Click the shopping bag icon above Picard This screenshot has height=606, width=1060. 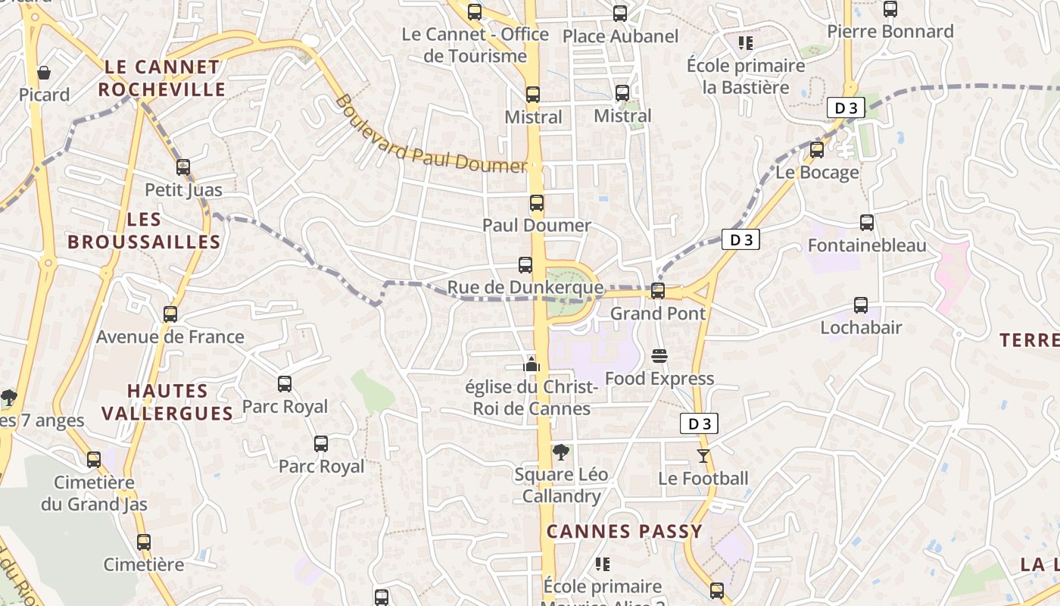coord(44,73)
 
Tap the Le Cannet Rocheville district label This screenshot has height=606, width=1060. coord(161,78)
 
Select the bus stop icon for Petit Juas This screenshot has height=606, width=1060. coord(183,167)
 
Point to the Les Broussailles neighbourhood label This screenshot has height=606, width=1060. coord(144,231)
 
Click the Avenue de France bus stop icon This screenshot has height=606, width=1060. coord(170,314)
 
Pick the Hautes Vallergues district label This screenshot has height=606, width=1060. coord(167,402)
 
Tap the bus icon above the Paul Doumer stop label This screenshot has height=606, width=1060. coord(536,203)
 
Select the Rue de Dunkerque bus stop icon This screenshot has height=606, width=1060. coord(525,265)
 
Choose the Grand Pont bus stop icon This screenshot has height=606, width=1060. coord(657,291)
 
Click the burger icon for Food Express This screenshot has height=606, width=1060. coord(659,356)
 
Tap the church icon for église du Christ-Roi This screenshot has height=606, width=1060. coord(532,364)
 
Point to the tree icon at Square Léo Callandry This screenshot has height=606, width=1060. coord(560,452)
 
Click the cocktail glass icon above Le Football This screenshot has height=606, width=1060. coord(703,455)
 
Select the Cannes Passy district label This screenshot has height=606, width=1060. coord(625,532)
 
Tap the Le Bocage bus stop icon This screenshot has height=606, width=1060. coord(816,150)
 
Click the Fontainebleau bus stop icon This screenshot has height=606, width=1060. coord(867,223)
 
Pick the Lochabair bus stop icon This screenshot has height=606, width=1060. coord(861,305)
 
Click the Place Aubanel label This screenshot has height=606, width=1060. coord(620,36)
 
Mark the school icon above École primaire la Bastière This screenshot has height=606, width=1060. coord(746,43)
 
